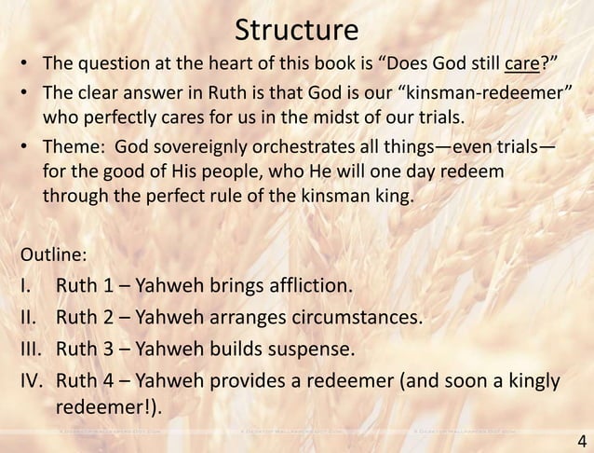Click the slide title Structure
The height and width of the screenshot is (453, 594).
click(296, 29)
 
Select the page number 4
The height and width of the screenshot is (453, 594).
click(581, 439)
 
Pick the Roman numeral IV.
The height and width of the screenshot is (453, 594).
click(32, 382)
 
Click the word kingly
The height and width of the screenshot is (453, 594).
click(526, 382)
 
